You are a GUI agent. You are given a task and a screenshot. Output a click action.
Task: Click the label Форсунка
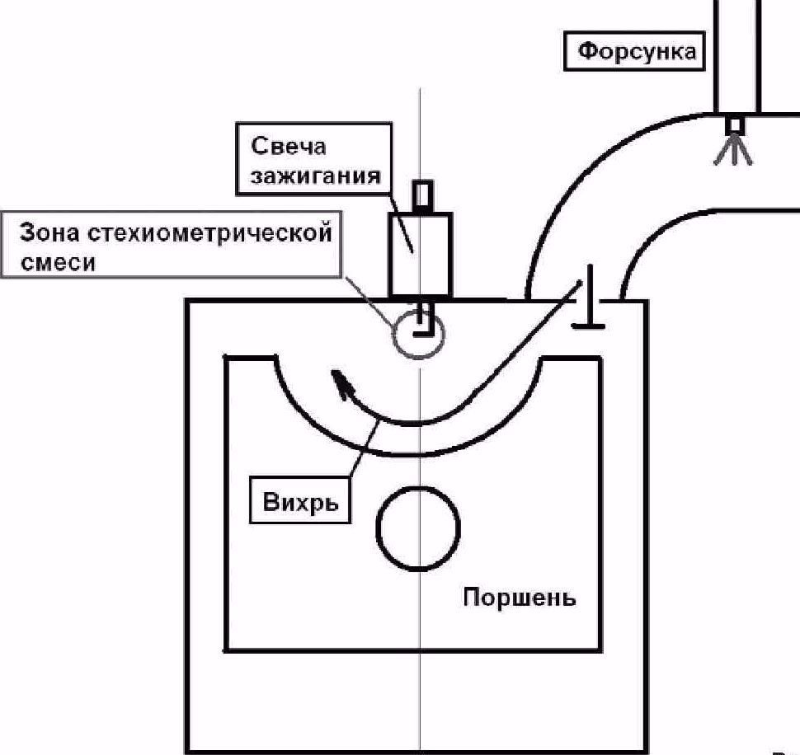[637, 52]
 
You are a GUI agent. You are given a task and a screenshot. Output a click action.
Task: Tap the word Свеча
[289, 147]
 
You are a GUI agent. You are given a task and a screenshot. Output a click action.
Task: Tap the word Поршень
[519, 597]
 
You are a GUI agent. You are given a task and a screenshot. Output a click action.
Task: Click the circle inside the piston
[418, 528]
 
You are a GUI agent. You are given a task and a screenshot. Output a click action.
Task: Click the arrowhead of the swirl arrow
[339, 382]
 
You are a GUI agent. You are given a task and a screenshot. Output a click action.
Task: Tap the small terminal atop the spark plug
[421, 196]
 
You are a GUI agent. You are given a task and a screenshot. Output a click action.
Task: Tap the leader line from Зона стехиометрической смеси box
[371, 300]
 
